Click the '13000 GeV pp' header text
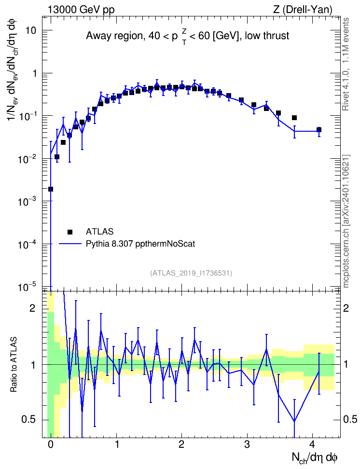81,10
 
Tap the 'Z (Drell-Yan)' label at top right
303,10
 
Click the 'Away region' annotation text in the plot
113,36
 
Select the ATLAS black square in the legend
70,232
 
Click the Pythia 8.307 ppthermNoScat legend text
140,244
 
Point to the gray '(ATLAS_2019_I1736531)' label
191,273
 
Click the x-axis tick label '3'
247,445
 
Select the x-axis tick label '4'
312,445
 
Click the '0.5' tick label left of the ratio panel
29,420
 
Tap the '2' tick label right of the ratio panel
346,308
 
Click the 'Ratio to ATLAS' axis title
14,365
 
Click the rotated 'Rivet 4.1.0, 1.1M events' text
346,64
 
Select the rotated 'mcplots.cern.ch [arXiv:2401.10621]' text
346,221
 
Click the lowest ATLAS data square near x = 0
51,189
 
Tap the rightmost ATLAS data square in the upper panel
318,130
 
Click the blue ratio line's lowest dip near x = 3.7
294,421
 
